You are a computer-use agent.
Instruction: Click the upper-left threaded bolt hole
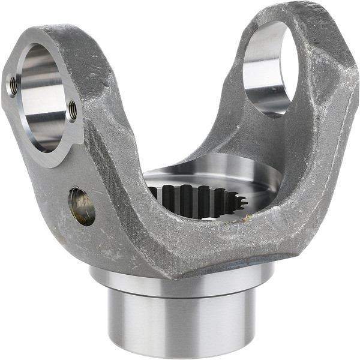[x=13, y=85]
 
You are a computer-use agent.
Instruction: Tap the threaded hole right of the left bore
[x=73, y=109]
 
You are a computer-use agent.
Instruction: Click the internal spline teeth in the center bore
[x=192, y=201]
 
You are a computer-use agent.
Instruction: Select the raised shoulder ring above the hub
[x=180, y=281]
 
